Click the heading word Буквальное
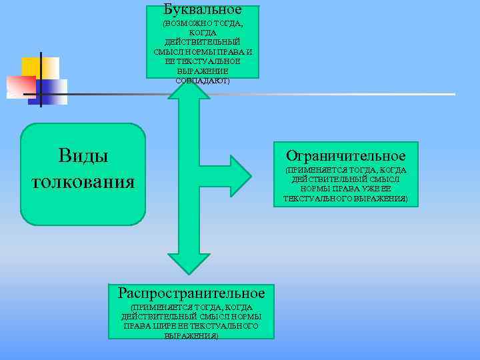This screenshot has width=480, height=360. (x=202, y=10)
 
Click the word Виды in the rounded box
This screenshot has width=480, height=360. (x=83, y=156)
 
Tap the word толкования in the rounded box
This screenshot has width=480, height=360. (x=83, y=181)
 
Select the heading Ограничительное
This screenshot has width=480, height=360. (x=345, y=155)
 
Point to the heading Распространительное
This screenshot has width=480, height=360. (x=191, y=293)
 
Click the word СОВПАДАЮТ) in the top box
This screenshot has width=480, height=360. (x=202, y=81)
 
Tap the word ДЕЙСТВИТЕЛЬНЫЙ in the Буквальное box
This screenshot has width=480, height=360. (x=202, y=42)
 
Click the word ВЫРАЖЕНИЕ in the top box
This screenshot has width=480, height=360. (x=202, y=71)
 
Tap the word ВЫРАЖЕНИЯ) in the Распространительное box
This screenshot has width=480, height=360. (x=191, y=335)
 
